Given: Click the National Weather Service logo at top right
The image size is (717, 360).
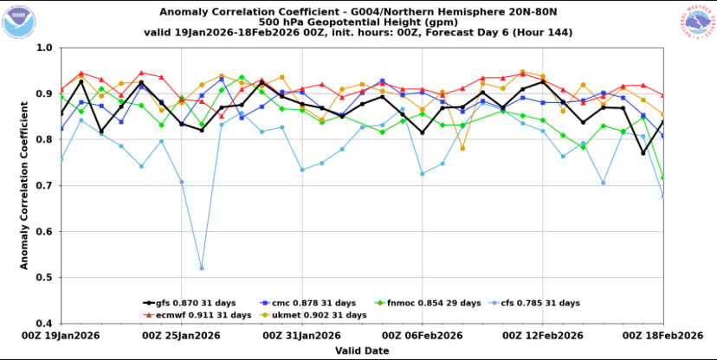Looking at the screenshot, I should coord(698,22).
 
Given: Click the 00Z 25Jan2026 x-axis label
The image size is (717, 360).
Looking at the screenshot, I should coord(176,335).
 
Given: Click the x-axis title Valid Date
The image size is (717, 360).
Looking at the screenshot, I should coord(358,350).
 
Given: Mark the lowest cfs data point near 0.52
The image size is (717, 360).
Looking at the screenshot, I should coord(202,268).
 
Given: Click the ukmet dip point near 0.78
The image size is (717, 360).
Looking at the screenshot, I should coord(462,149).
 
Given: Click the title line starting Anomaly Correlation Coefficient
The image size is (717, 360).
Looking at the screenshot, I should coord(358,11).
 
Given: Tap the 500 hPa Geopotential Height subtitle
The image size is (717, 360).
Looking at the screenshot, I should coord(358,22).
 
